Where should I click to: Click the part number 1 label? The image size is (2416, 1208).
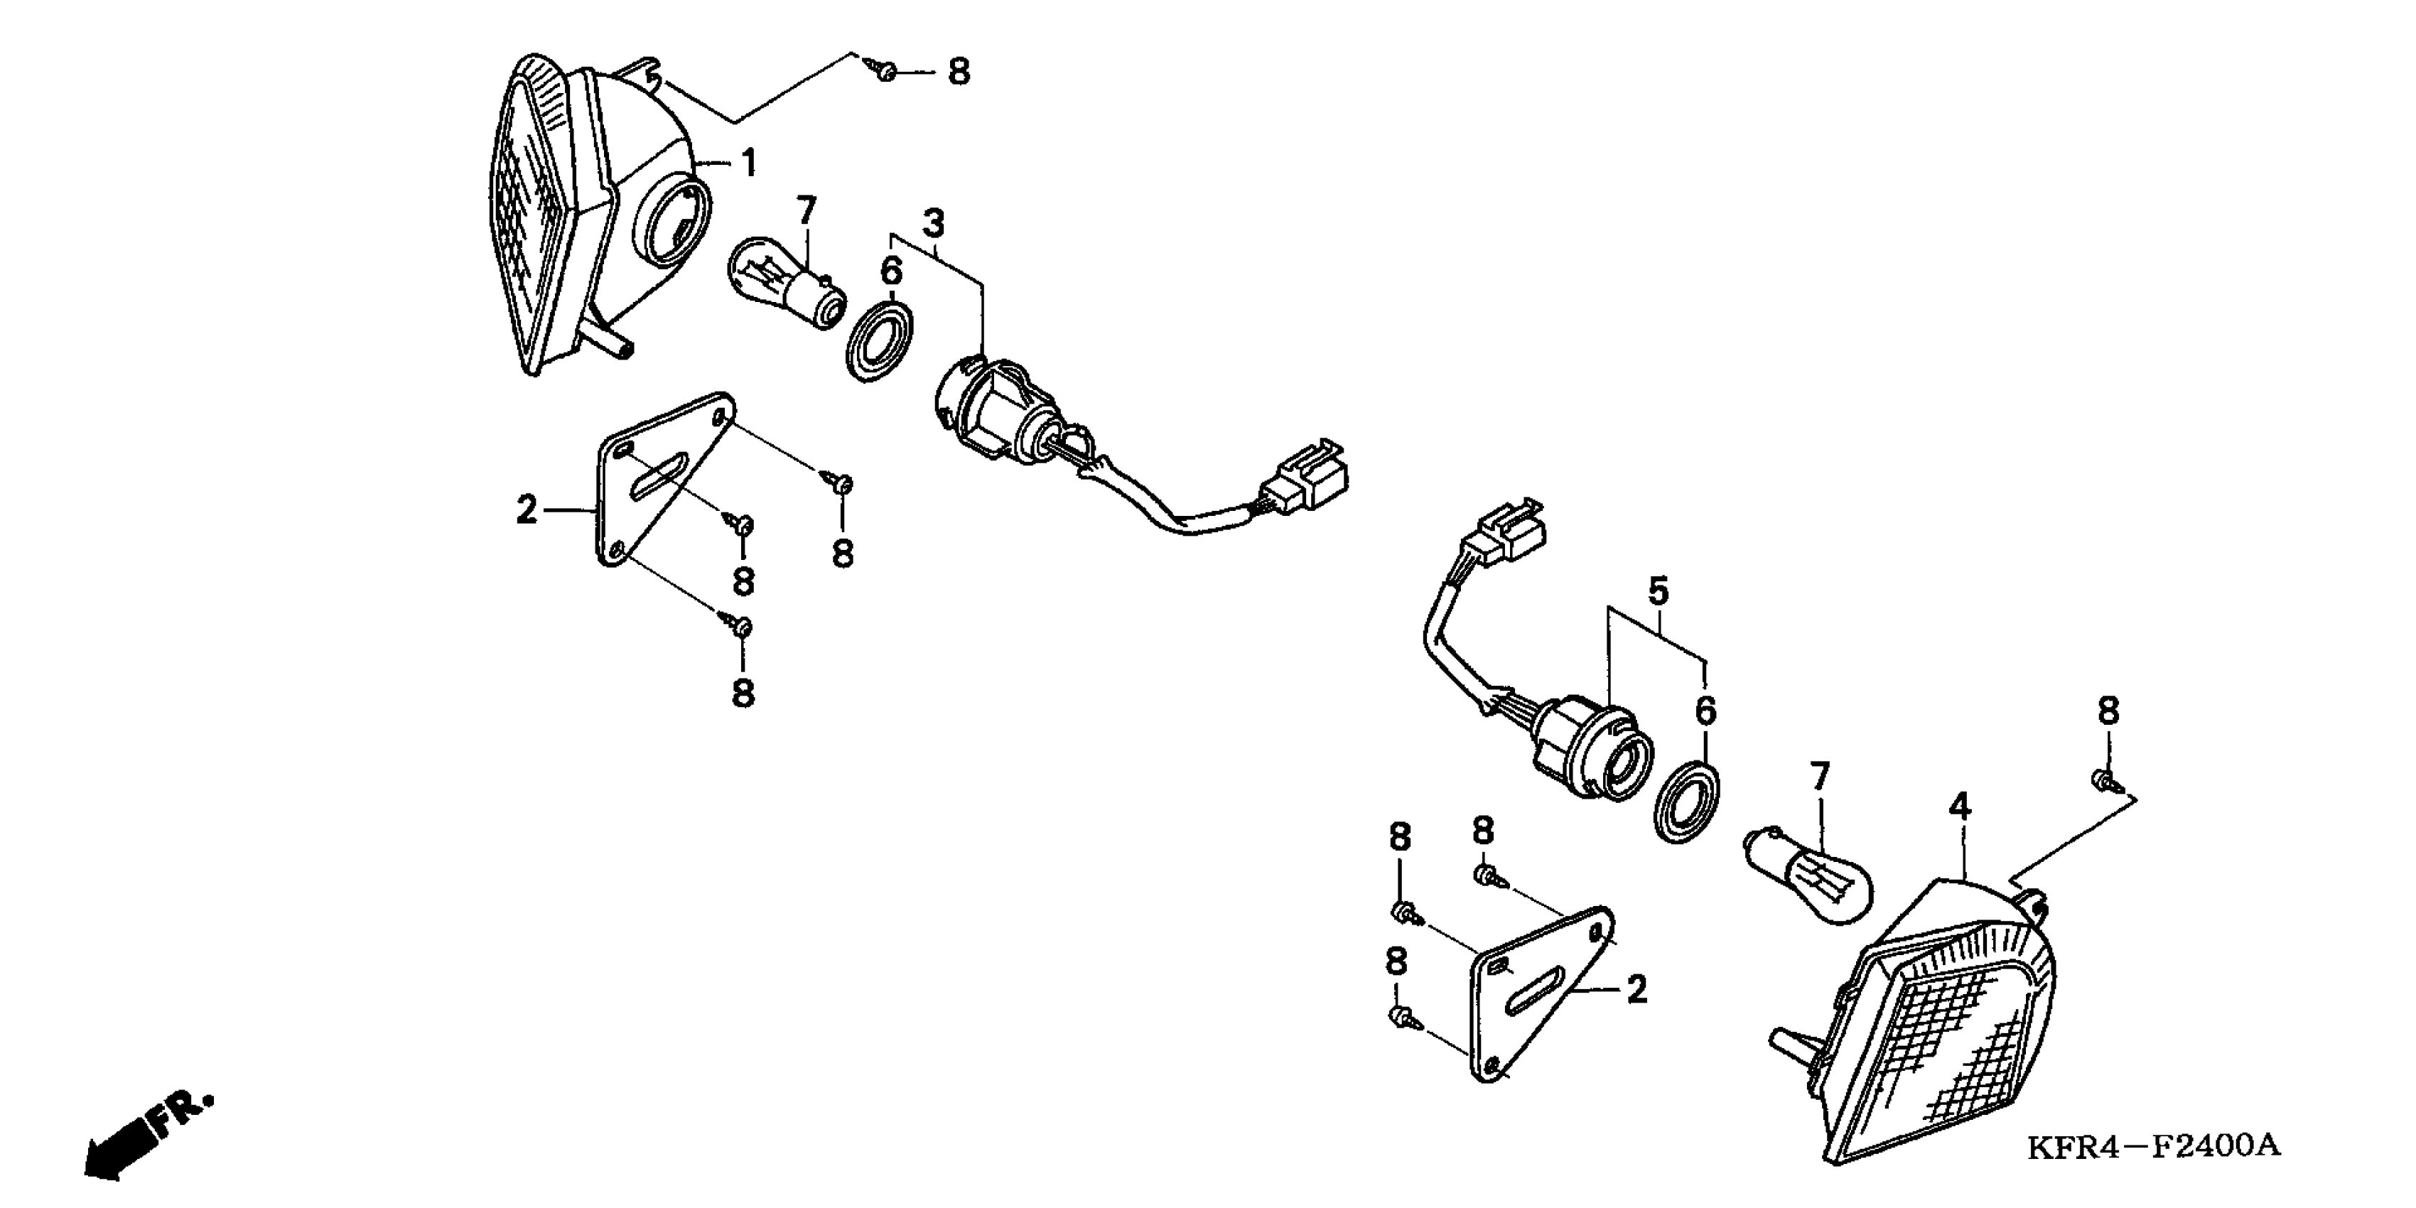point(750,164)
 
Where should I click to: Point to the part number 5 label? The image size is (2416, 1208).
point(1659,592)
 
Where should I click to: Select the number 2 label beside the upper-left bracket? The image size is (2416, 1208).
point(527,511)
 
